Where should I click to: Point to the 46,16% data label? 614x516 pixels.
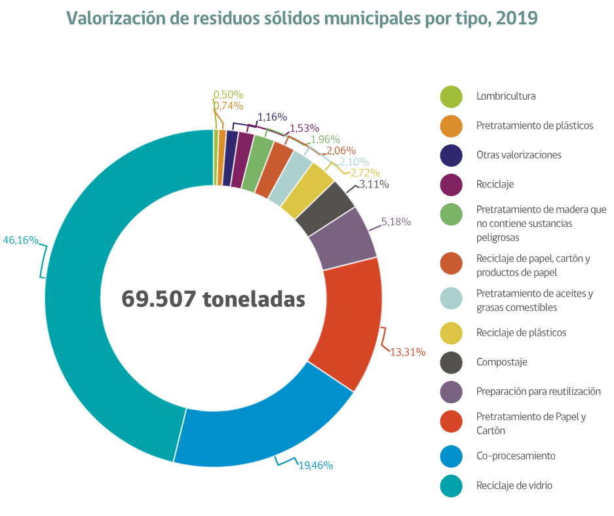pyautogui.click(x=20, y=240)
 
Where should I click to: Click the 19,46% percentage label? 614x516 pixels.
pyautogui.click(x=316, y=465)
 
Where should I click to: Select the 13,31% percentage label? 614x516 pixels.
pyautogui.click(x=408, y=351)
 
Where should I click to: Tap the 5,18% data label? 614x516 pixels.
pyautogui.click(x=396, y=222)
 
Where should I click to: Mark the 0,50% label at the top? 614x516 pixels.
pyautogui.click(x=228, y=94)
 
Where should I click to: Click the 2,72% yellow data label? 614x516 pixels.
pyautogui.click(x=366, y=173)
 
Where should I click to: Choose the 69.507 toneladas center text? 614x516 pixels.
pyautogui.click(x=214, y=298)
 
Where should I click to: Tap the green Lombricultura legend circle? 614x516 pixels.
pyautogui.click(x=451, y=96)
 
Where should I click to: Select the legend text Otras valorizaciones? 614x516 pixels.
pyautogui.click(x=519, y=155)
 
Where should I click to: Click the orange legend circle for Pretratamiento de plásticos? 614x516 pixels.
pyautogui.click(x=451, y=126)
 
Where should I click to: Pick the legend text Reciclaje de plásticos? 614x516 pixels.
pyautogui.click(x=521, y=332)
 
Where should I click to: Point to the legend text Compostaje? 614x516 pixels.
pyautogui.click(x=501, y=362)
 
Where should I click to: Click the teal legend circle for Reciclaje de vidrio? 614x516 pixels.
pyautogui.click(x=451, y=486)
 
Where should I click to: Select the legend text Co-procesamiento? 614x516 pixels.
pyautogui.click(x=516, y=456)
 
